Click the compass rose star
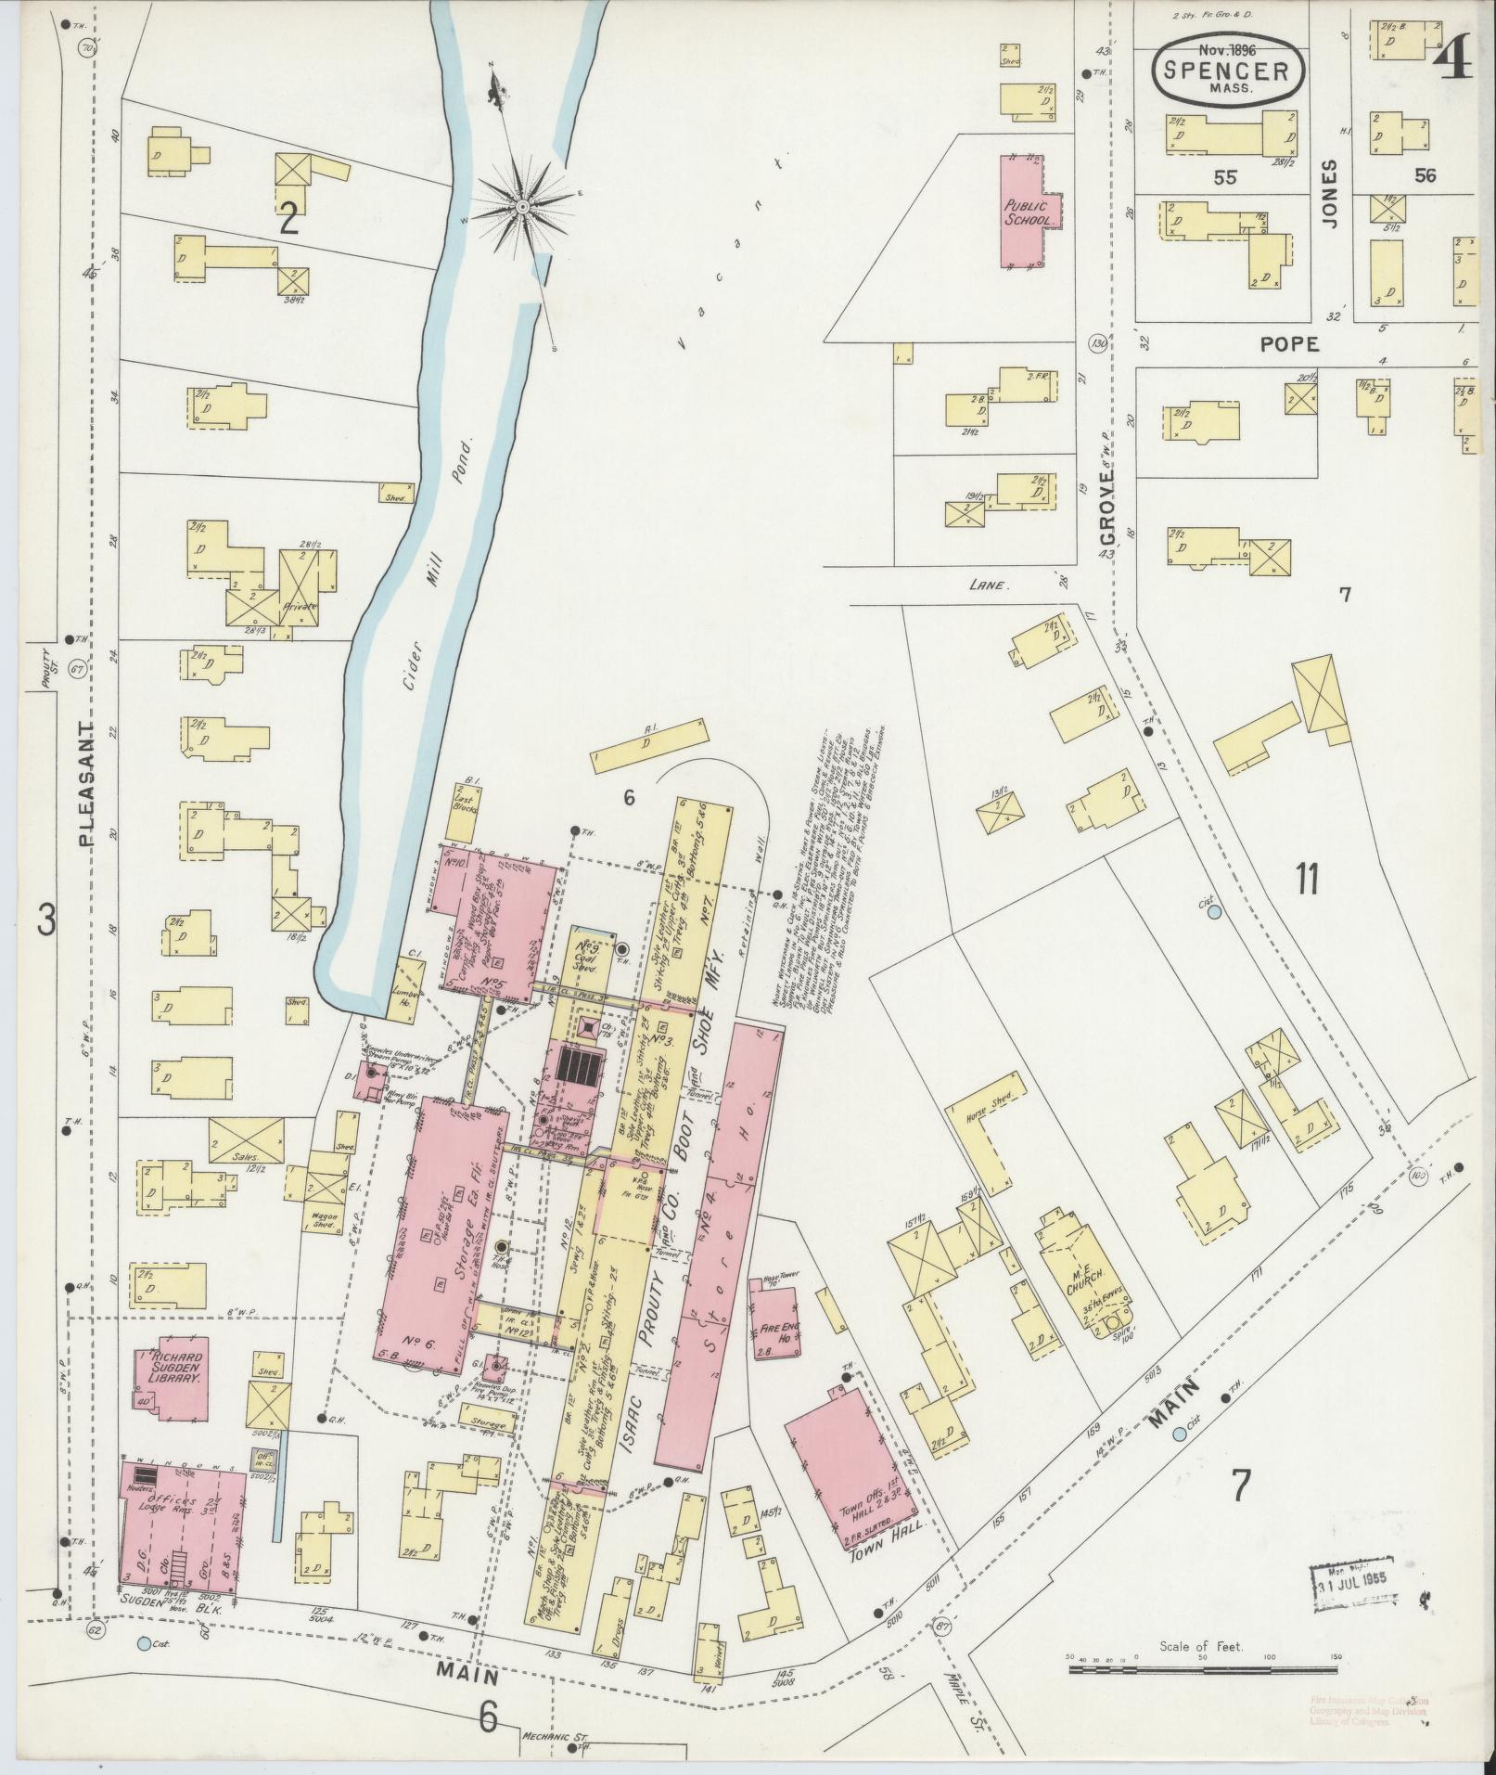(x=521, y=204)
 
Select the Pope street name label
(x=1289, y=344)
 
